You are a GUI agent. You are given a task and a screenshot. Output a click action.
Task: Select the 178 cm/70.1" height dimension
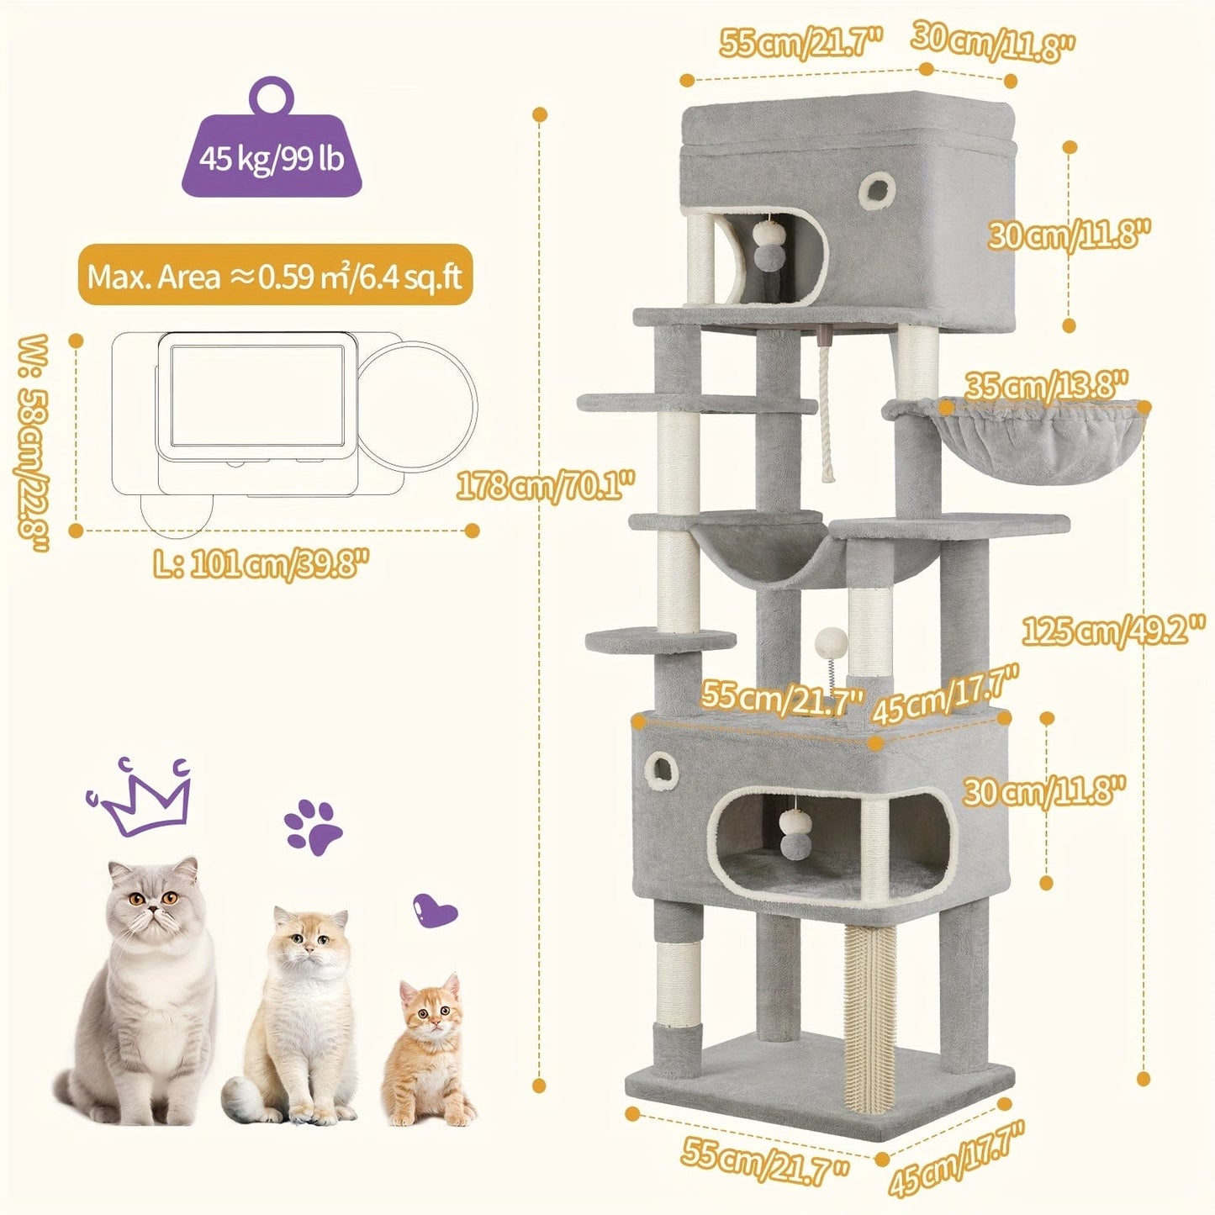545,485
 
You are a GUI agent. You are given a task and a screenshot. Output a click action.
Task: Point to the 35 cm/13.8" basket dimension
1045,386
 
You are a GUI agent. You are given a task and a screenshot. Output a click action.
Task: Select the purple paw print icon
313,827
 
